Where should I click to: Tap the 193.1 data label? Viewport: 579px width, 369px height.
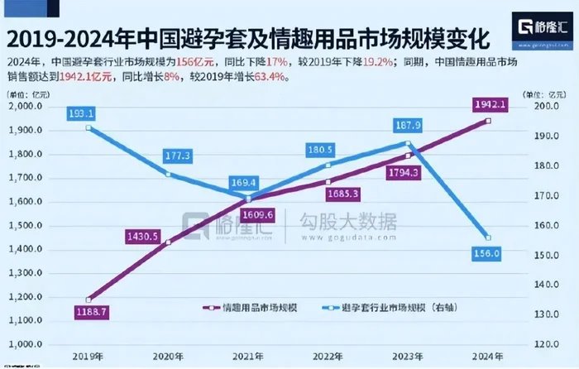click(89, 112)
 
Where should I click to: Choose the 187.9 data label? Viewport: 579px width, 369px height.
click(407, 125)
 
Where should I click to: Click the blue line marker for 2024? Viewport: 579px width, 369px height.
click(488, 237)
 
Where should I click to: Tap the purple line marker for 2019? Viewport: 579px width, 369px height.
click(89, 300)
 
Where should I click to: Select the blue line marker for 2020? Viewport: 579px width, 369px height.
click(169, 174)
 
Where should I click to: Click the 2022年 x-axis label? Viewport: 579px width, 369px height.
click(328, 355)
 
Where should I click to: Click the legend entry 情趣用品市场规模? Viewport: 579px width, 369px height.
click(252, 307)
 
